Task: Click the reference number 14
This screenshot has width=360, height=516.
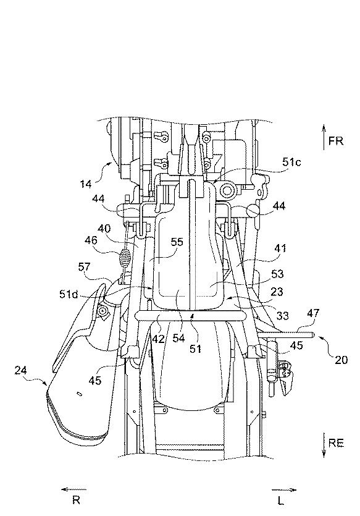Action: (86, 184)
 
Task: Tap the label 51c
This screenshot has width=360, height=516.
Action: (291, 162)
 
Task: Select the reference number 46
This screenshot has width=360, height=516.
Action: (91, 240)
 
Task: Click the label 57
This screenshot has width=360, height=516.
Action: (84, 266)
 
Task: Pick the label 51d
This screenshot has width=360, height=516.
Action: (69, 294)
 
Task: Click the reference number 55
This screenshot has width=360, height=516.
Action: (177, 242)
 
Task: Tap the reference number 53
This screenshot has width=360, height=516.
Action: (277, 274)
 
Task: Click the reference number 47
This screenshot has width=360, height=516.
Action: (312, 313)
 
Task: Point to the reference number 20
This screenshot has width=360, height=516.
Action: (341, 360)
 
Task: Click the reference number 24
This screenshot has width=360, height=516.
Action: (21, 371)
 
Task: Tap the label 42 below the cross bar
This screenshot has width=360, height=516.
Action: (159, 339)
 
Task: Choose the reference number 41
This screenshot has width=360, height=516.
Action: (280, 248)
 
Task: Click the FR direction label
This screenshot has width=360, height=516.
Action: (336, 141)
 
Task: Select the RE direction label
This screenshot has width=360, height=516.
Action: (336, 443)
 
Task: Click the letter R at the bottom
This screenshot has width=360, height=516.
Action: (77, 501)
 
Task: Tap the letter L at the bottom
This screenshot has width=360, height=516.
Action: (280, 501)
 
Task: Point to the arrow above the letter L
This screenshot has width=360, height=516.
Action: (284, 490)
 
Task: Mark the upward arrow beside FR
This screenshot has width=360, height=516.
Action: (324, 137)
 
